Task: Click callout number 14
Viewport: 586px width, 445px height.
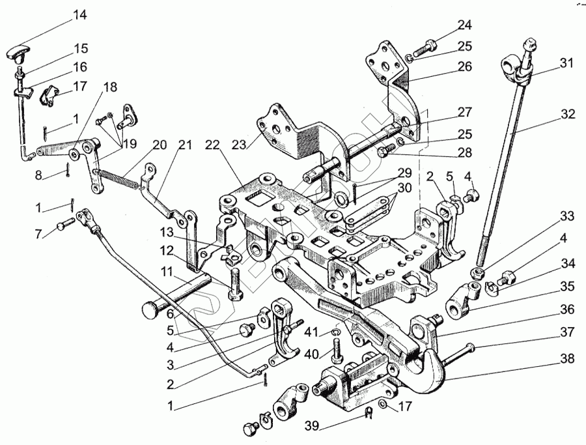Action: pyautogui.click(x=79, y=14)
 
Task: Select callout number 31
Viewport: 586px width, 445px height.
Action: pyautogui.click(x=566, y=64)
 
